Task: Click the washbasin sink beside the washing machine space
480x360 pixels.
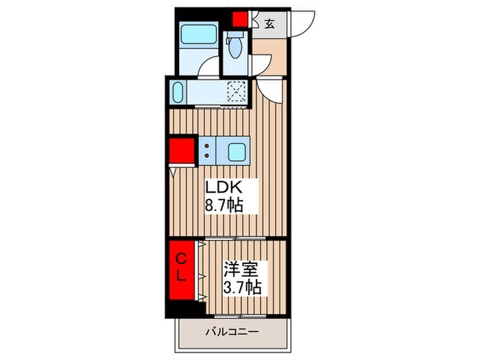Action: pyautogui.click(x=178, y=92)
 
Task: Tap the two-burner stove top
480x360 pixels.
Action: pyautogui.click(x=206, y=151)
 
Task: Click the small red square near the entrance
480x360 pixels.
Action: pyautogui.click(x=239, y=19)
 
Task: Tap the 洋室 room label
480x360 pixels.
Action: pyautogui.click(x=239, y=268)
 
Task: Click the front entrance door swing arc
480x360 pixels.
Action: pyautogui.click(x=302, y=24)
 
